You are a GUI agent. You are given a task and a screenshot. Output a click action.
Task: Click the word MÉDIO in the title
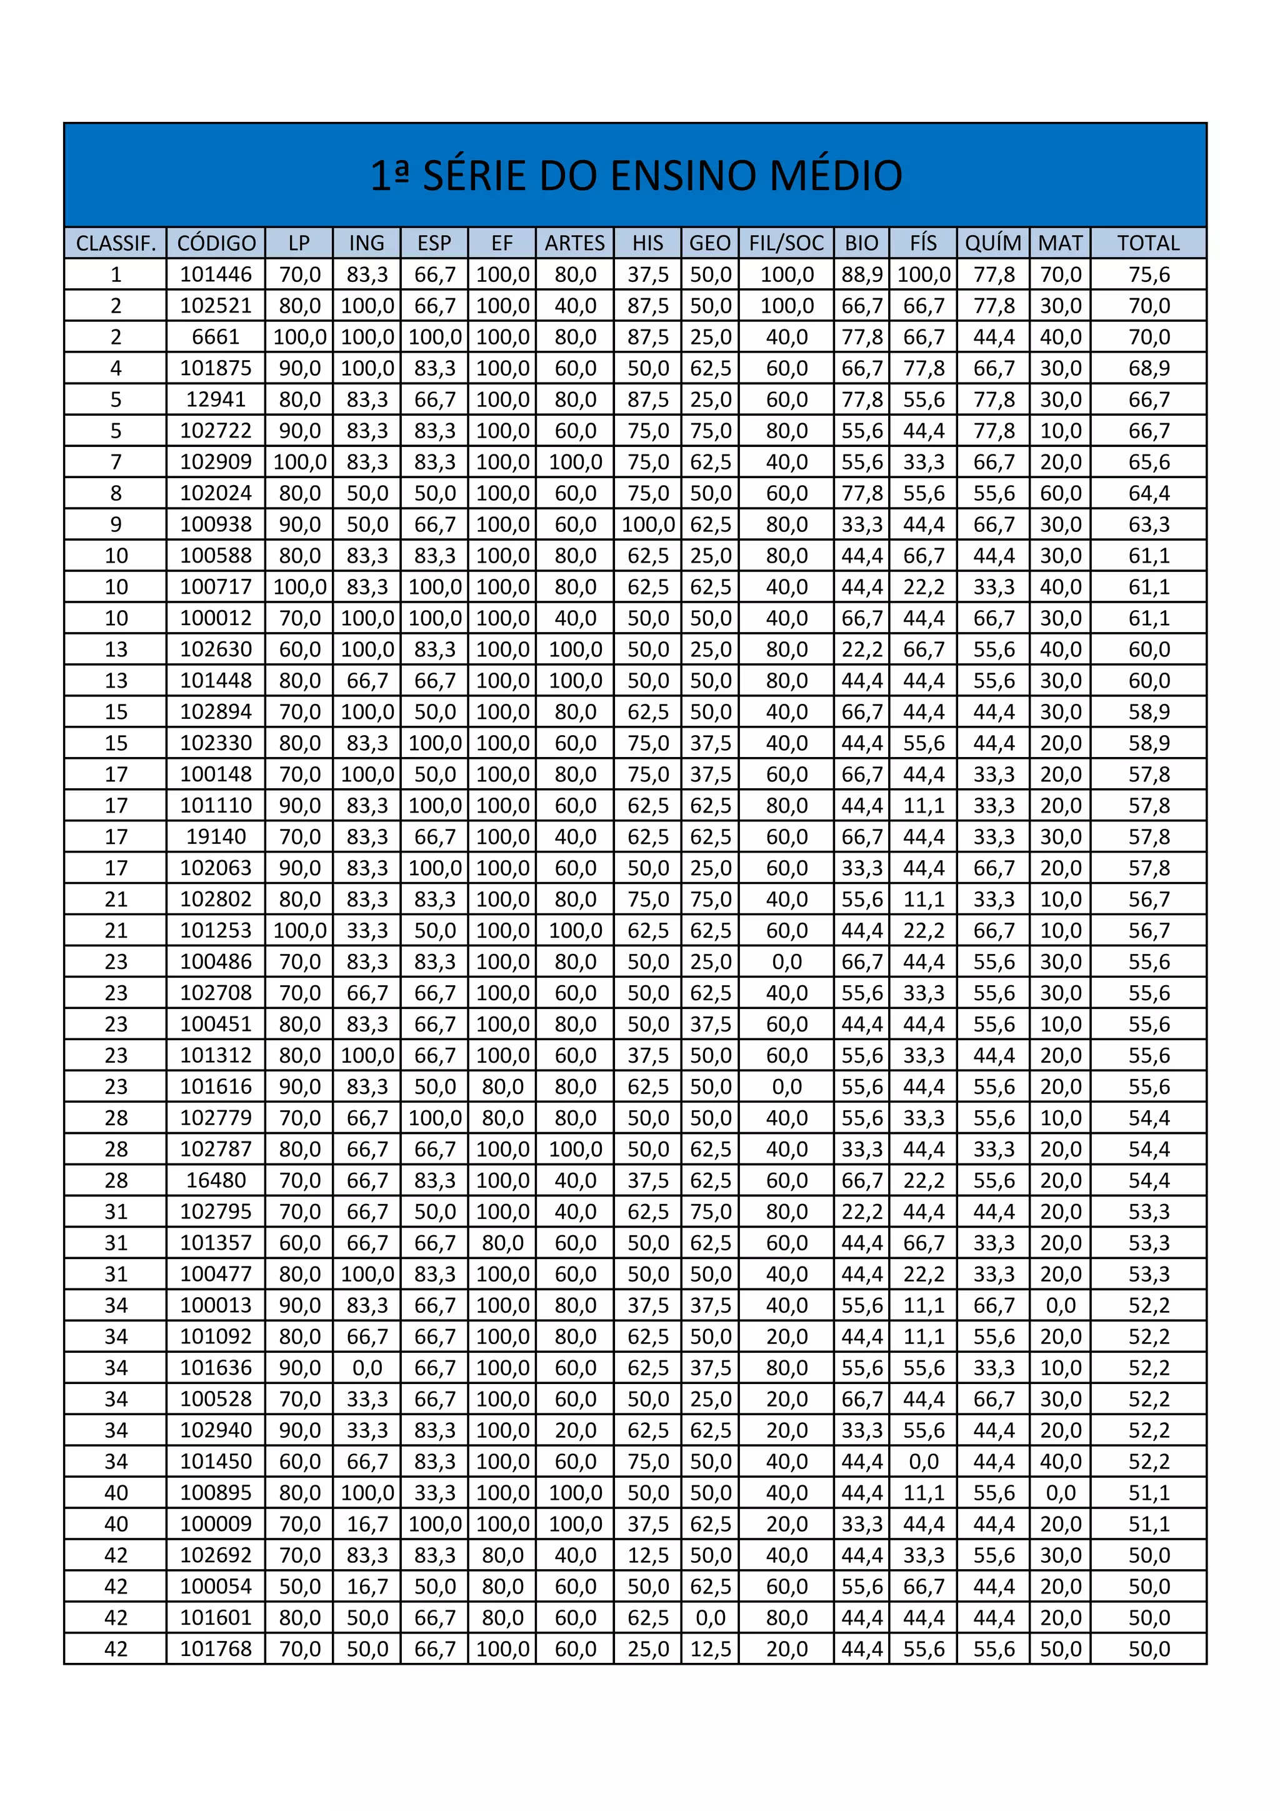pos(836,175)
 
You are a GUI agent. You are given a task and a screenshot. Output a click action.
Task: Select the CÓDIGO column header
pos(216,243)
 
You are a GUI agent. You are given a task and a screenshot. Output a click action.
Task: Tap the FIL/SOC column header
pos(786,243)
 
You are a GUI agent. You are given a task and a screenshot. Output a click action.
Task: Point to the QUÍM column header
pos(993,243)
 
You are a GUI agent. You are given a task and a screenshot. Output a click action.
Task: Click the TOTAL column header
pos(1148,243)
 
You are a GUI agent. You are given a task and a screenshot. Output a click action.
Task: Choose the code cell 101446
pos(216,274)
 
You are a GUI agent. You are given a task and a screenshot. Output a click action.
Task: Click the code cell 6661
pos(216,337)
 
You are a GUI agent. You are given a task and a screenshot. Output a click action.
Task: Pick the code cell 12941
pos(216,399)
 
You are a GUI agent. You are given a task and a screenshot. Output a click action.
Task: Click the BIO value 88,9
pos(861,274)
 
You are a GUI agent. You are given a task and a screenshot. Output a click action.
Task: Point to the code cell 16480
pos(216,1180)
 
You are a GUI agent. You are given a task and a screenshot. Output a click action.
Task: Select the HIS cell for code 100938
pos(648,524)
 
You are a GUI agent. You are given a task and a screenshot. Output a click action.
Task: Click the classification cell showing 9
pos(116,524)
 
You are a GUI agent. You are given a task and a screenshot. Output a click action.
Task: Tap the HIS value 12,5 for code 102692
pos(648,1555)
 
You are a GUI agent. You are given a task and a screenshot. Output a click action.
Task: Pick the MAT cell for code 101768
pos(1061,1648)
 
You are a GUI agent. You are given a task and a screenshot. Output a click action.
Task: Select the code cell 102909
pos(216,461)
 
